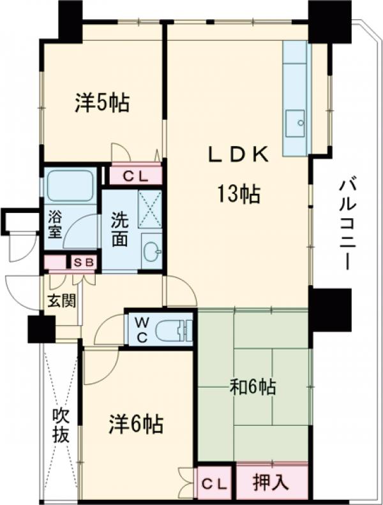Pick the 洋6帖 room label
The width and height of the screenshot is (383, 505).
click(x=135, y=422)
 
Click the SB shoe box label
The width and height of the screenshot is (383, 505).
click(x=84, y=262)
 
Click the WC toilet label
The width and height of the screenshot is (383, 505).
click(x=141, y=330)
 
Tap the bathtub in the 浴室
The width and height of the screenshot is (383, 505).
click(x=70, y=186)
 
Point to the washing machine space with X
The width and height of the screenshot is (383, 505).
click(x=151, y=208)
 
